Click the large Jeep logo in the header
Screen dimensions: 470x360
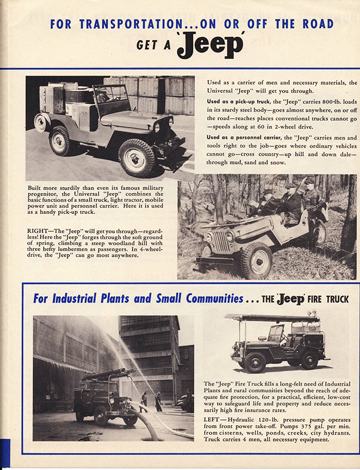(x=210, y=46)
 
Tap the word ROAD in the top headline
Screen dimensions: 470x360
(x=315, y=24)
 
